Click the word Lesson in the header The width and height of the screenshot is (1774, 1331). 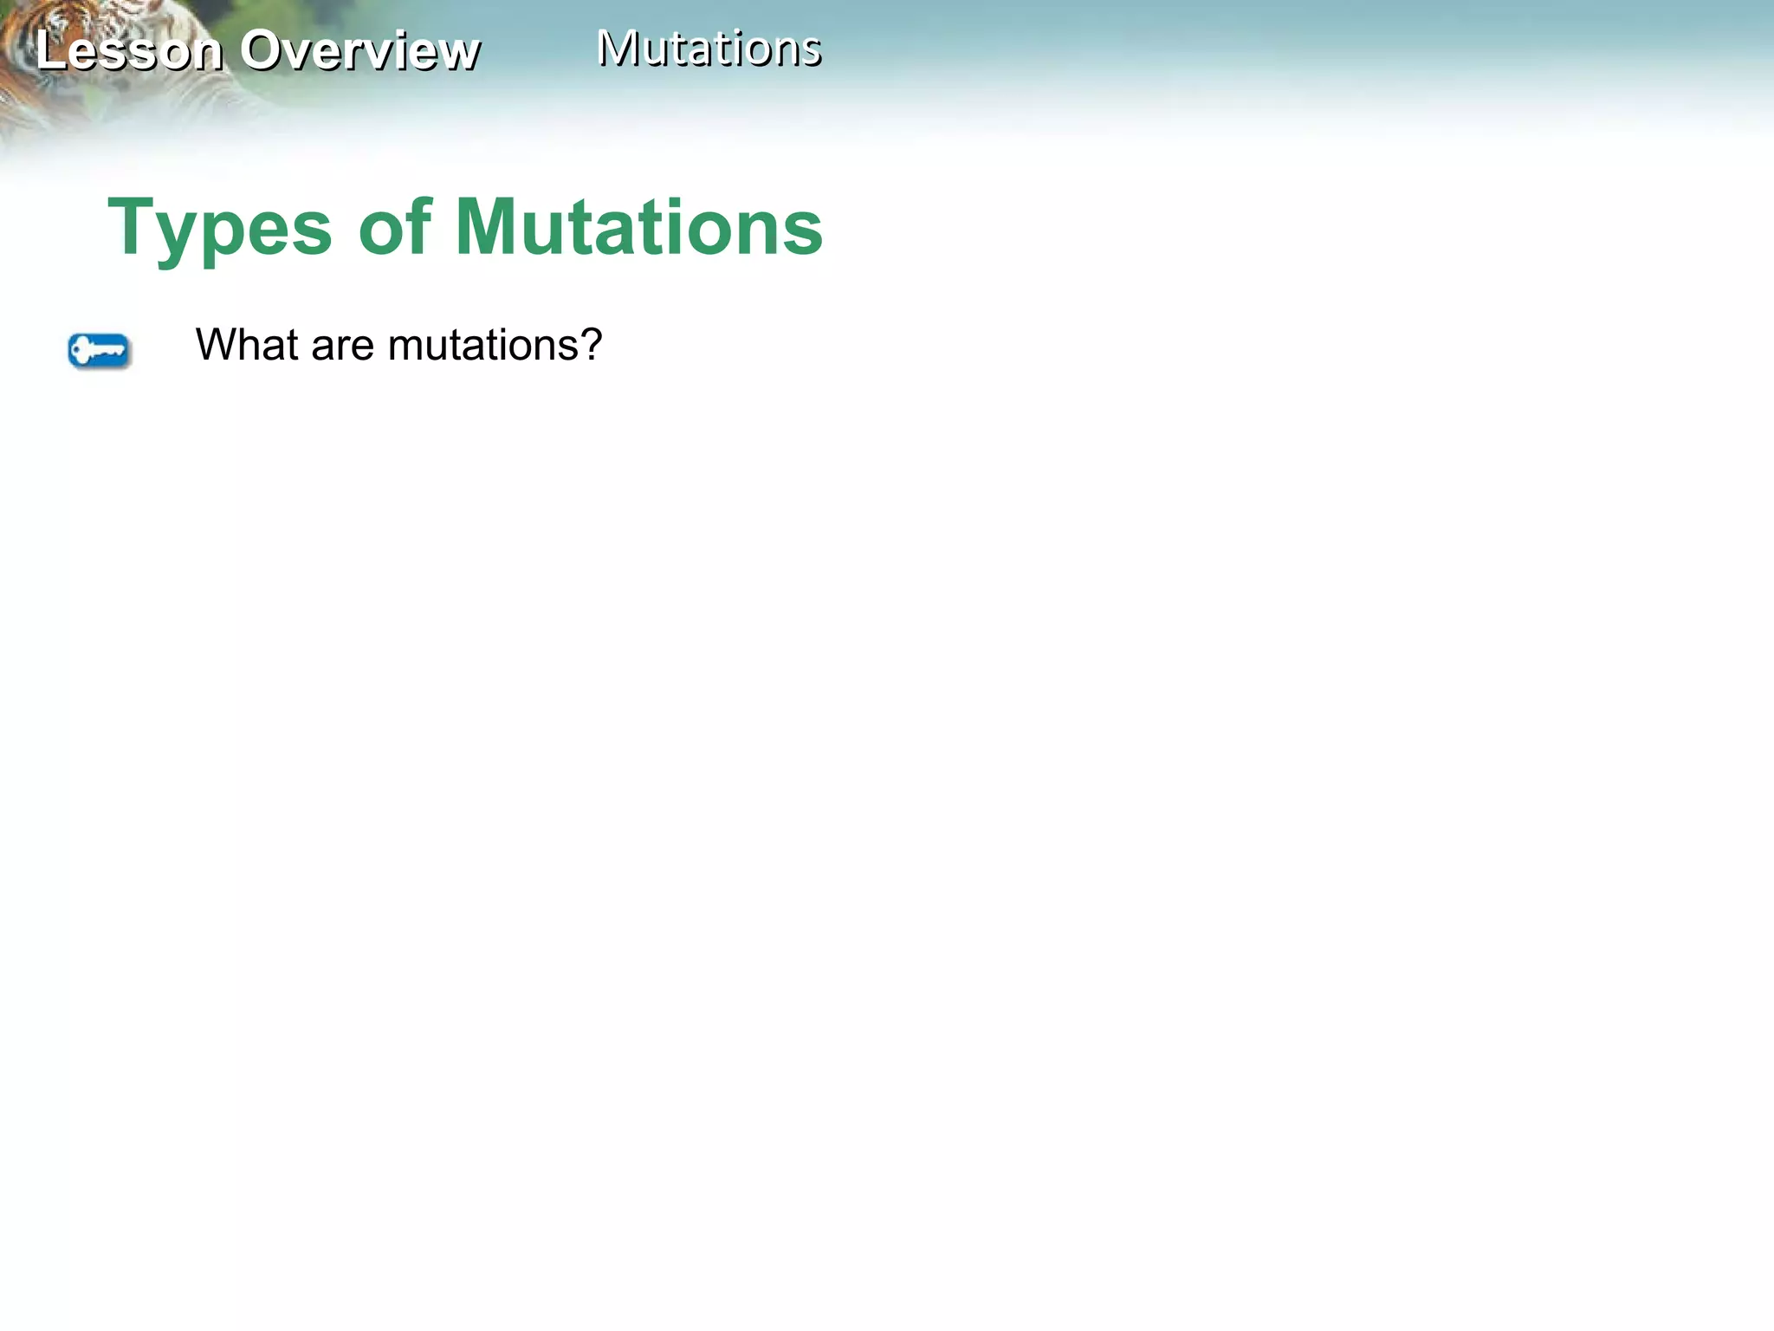[128, 50]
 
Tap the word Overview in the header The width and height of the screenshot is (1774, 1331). [359, 50]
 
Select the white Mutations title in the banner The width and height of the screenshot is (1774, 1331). [709, 49]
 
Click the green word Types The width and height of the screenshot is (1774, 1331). [220, 228]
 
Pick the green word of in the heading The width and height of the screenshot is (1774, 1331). [395, 227]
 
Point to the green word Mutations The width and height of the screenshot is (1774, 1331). [638, 227]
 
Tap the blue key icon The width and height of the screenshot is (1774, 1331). [99, 351]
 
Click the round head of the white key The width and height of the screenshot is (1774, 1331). [81, 351]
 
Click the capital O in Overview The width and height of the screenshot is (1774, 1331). [263, 50]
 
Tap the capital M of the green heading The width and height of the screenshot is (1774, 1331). [488, 227]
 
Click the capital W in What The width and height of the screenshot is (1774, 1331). [216, 345]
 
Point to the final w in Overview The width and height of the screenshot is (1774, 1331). [458, 54]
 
